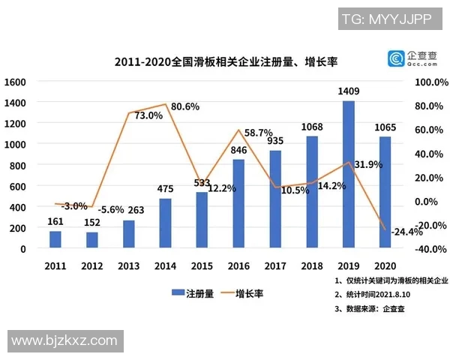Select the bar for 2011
[55, 239]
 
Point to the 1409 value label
[349, 91]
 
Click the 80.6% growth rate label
[184, 106]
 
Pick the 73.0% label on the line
[148, 115]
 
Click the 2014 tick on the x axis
[166, 265]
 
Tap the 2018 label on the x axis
[312, 265]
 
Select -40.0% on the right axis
[430, 249]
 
